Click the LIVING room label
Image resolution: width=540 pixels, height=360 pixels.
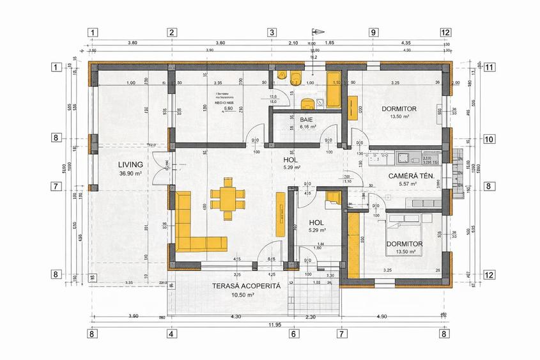tap(130, 164)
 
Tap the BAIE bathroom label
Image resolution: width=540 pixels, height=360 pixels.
tap(307, 120)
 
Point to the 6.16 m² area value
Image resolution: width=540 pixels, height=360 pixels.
tap(308, 127)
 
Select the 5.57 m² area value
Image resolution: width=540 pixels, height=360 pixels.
tap(408, 184)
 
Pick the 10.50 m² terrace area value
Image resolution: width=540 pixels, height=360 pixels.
tap(242, 295)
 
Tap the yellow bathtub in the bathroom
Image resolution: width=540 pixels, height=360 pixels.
tap(333, 91)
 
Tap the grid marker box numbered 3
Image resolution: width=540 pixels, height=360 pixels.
tap(272, 32)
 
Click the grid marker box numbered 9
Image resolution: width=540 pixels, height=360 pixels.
tap(373, 32)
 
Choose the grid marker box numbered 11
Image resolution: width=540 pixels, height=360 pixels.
tap(490, 67)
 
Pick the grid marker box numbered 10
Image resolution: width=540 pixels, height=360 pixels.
tap(490, 138)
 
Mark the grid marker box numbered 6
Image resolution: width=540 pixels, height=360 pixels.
tap(294, 333)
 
